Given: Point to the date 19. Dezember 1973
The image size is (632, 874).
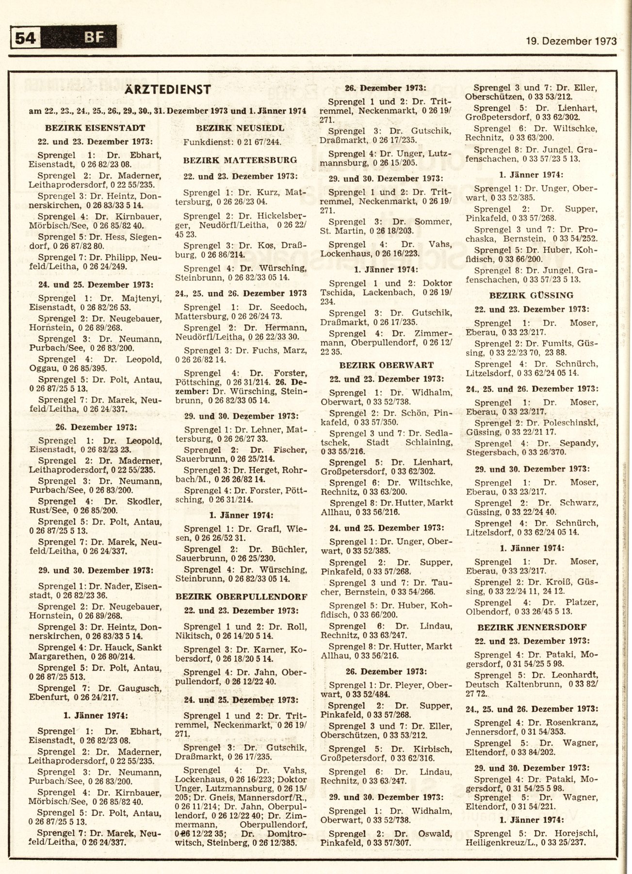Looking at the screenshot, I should coord(571,41).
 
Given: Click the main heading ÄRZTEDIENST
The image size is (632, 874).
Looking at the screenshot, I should coord(168,89).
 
